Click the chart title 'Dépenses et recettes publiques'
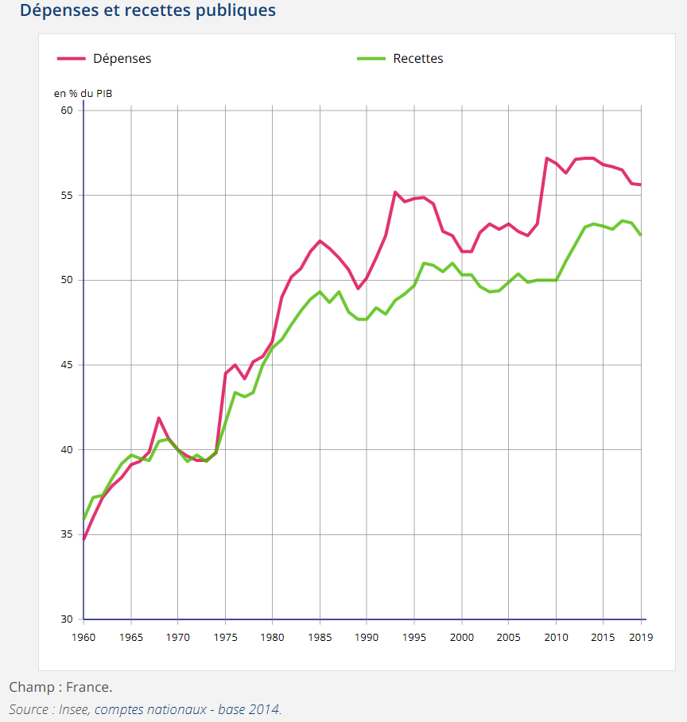pos(148,10)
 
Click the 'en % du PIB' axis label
pos(83,93)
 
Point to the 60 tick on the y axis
pos(67,111)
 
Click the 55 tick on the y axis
pos(67,196)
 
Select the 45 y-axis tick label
pos(67,365)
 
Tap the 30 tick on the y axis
pos(67,619)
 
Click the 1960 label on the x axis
pos(83,637)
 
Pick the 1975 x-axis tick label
pos(225,637)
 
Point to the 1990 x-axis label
pos(367,637)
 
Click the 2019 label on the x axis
pos(640,637)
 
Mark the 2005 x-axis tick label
pos(508,637)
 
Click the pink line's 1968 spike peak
pos(159,417)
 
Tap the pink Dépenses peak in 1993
pos(395,192)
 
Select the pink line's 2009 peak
pos(546,157)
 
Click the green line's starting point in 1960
pos(83,520)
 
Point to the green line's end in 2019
pos(640,235)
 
